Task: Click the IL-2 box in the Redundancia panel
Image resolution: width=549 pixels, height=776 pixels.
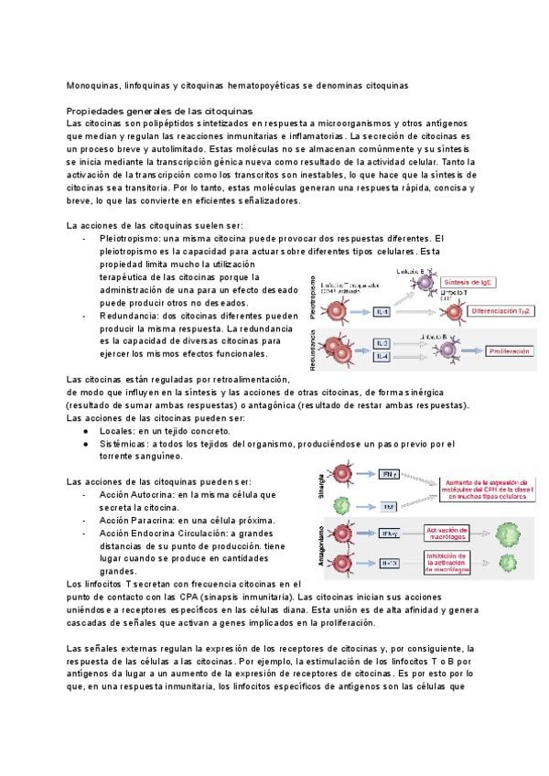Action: point(382,343)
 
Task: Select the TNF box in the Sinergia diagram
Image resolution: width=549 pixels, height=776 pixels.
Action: point(388,505)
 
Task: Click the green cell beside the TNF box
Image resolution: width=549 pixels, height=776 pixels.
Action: point(341,504)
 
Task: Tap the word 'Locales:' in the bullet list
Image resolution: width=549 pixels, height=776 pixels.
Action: point(115,430)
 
